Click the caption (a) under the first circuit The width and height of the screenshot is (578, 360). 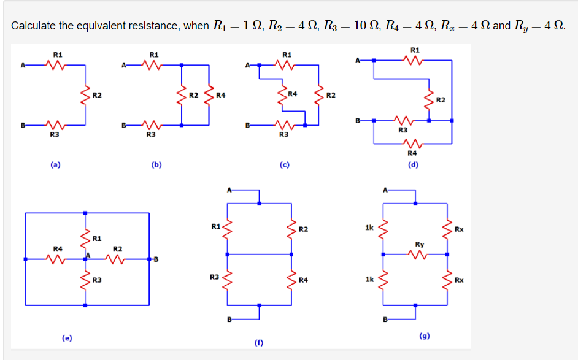pyautogui.click(x=55, y=164)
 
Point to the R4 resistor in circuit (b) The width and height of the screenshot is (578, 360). pyautogui.click(x=210, y=95)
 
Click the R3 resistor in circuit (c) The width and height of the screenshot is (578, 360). pyautogui.click(x=283, y=125)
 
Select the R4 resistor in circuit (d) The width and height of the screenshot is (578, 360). pyautogui.click(x=412, y=145)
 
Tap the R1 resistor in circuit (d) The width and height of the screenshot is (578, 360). pyautogui.click(x=414, y=60)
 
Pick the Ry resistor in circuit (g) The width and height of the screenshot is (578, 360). pyautogui.click(x=419, y=254)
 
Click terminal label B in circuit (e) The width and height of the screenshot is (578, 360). pyautogui.click(x=156, y=259)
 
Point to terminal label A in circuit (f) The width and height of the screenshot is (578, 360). pyautogui.click(x=229, y=190)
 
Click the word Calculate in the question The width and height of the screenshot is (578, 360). pyautogui.click(x=33, y=26)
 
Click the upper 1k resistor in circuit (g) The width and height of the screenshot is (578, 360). pyautogui.click(x=383, y=231)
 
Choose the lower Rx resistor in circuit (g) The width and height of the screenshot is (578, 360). pyautogui.click(x=447, y=280)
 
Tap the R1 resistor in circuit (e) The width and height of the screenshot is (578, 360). pyautogui.click(x=85, y=237)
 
